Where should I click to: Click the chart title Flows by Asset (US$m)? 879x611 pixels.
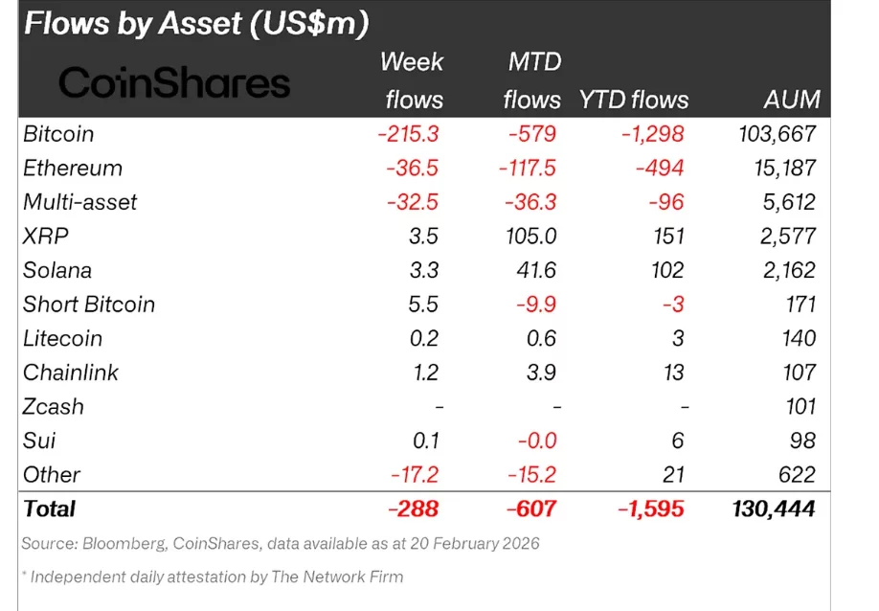coord(196,23)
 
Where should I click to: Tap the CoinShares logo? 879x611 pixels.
coord(174,84)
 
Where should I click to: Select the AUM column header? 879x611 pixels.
coord(791,100)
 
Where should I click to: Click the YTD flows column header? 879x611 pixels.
coord(633,100)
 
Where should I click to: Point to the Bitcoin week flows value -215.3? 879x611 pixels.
coord(410,134)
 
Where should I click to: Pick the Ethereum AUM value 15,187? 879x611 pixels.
coord(780,169)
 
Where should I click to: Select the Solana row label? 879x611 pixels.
coord(57,270)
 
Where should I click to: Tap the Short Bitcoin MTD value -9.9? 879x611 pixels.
coord(538,305)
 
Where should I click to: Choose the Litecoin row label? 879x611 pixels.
coord(62,338)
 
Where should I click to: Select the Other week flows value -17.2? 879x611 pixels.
coord(415,475)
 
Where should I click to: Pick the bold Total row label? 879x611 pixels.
coord(49,509)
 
